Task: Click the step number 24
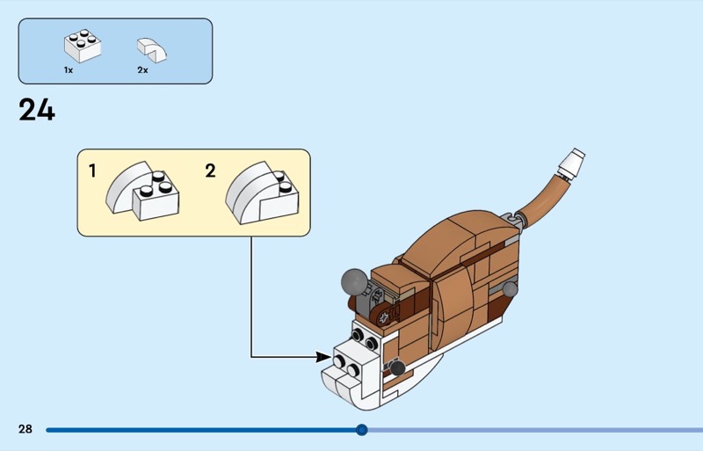tap(37, 110)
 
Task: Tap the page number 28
tap(25, 429)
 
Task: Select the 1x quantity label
tap(69, 70)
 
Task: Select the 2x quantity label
tap(142, 70)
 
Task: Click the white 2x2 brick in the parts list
tap(83, 46)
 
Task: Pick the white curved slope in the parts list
tap(151, 50)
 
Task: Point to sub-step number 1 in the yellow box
tap(92, 171)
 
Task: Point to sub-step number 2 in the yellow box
tap(210, 171)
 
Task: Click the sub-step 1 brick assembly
tap(142, 191)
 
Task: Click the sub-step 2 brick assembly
tap(262, 193)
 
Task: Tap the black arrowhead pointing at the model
tap(323, 357)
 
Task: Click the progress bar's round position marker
tap(362, 430)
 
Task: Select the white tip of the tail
tap(571, 164)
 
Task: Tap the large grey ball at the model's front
tap(354, 282)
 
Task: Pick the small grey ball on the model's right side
tap(511, 289)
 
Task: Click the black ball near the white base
tap(397, 368)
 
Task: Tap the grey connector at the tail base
tap(513, 222)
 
